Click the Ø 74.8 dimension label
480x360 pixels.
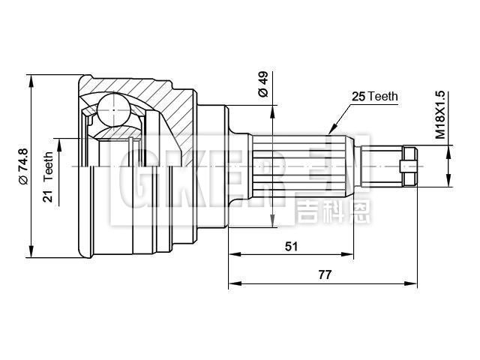coord(22,167)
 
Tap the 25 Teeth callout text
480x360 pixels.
coord(375,97)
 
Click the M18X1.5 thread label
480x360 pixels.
coord(440,117)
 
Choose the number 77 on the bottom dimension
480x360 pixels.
coord(324,274)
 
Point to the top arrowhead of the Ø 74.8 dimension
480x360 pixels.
coord(32,78)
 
